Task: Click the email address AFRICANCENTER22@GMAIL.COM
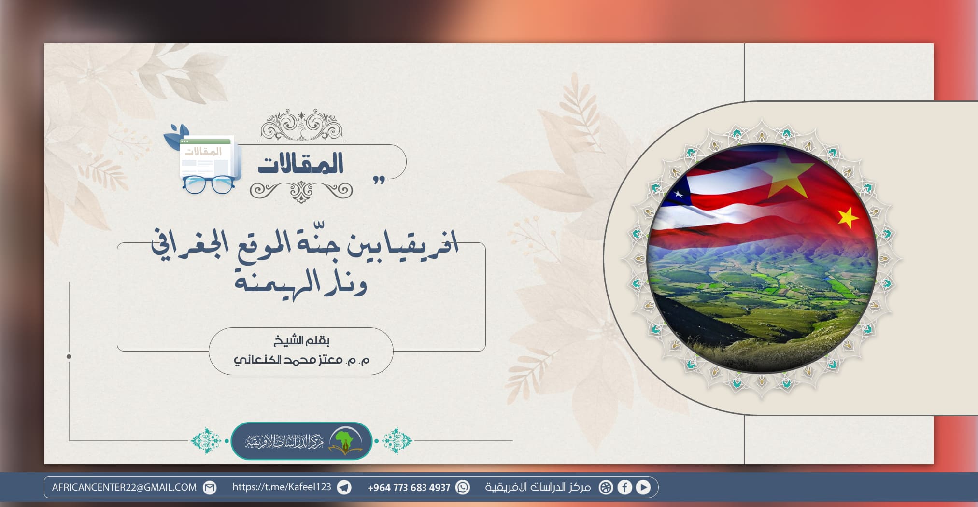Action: (125, 487)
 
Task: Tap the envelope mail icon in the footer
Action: (210, 487)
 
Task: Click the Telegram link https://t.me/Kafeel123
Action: (282, 487)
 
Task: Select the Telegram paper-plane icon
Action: (344, 487)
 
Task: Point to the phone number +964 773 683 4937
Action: (409, 488)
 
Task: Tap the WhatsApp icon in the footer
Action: (463, 487)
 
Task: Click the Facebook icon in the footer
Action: (624, 487)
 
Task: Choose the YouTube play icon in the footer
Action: (643, 487)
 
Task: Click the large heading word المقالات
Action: (300, 164)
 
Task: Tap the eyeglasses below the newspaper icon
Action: (208, 184)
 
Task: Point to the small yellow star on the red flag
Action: (848, 217)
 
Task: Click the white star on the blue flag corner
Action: (679, 194)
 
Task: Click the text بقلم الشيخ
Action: (301, 341)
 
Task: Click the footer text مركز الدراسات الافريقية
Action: (538, 487)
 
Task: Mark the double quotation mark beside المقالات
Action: (379, 180)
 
